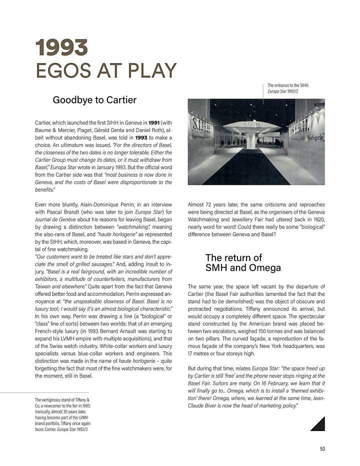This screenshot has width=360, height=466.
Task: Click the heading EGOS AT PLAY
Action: (x=105, y=70)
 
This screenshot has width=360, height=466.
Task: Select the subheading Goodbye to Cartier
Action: (x=94, y=100)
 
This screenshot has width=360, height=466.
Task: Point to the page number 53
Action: (x=322, y=448)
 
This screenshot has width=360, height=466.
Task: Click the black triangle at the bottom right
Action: (x=317, y=423)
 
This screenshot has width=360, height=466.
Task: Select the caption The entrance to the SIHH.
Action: (x=288, y=86)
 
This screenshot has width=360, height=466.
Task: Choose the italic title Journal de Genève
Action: (x=57, y=220)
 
